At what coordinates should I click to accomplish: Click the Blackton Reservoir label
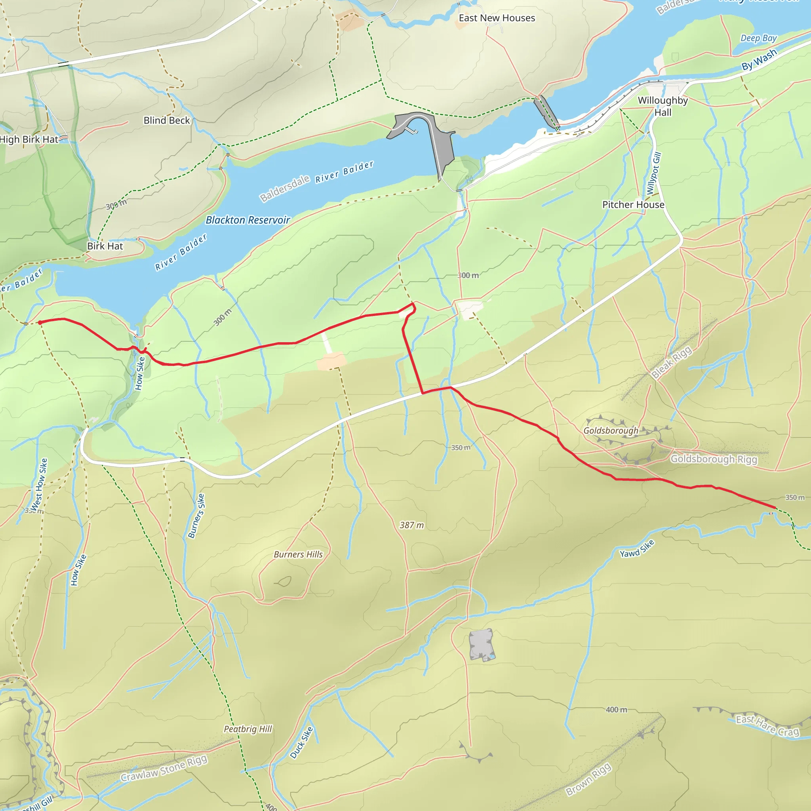coord(247,220)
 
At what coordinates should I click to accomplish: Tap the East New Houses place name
coord(497,18)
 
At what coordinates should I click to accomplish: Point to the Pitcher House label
coord(633,205)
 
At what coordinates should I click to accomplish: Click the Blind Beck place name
coord(167,120)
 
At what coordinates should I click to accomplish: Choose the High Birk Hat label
coord(29,139)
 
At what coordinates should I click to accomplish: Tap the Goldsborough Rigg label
coord(714,459)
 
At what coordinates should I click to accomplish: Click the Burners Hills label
coord(298,554)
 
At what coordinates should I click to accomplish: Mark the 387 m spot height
coord(411,525)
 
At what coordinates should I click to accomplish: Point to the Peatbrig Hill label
coord(247,729)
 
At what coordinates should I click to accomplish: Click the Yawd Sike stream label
coord(637,548)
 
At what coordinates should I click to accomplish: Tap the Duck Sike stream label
coord(301,742)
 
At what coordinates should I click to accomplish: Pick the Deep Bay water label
coord(758,38)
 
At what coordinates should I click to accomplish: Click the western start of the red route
coord(40,322)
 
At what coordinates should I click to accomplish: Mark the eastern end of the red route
coord(775,508)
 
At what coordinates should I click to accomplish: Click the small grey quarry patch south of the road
coord(481,645)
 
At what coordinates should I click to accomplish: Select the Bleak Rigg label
coord(671,363)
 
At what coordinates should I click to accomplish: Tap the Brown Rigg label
coord(588,779)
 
